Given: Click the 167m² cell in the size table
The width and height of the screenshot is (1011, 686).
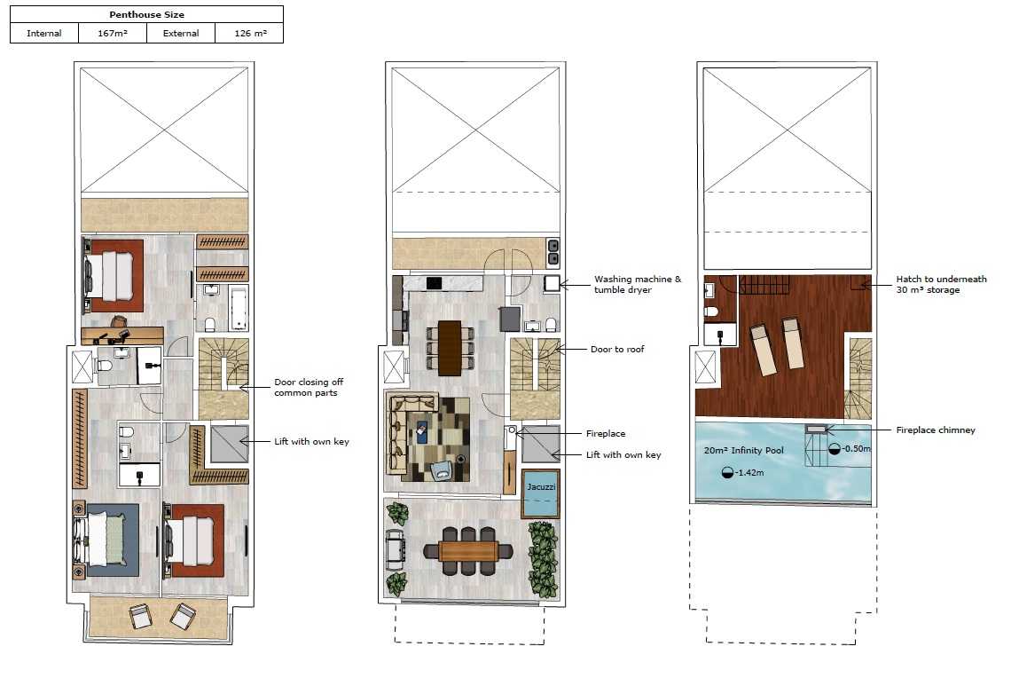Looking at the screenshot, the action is tap(113, 34).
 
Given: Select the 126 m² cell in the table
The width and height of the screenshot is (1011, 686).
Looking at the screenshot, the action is tap(249, 34).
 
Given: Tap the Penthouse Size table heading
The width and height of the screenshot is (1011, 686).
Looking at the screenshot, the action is tap(147, 15).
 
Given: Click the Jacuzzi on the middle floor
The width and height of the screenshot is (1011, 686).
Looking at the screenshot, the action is tap(540, 493).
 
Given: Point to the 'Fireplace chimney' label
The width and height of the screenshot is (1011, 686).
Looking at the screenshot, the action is tap(936, 430).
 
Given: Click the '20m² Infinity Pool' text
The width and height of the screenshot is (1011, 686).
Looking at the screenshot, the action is tap(743, 451).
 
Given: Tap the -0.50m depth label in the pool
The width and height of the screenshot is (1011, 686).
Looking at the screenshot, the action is tap(850, 448).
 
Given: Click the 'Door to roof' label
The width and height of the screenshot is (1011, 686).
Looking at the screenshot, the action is tap(617, 349).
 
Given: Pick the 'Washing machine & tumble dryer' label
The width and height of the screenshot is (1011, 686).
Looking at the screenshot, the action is tap(637, 285).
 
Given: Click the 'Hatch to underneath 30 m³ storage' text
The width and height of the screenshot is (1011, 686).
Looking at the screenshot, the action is tap(941, 285).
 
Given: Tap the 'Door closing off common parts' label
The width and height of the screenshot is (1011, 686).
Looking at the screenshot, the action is tap(309, 387).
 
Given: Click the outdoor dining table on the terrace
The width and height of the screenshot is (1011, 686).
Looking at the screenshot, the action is tap(468, 551).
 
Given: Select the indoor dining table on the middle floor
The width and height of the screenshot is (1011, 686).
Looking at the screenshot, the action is tap(450, 348).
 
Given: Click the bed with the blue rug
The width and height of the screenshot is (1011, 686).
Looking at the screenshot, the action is tap(106, 540).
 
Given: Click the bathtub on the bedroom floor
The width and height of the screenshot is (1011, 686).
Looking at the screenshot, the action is tap(238, 307).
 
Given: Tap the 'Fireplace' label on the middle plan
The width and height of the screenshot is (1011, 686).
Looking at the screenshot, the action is tap(606, 434).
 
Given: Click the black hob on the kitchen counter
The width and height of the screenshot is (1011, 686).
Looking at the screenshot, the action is tap(434, 283).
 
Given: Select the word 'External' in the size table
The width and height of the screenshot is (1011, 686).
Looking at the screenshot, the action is tap(181, 34).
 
